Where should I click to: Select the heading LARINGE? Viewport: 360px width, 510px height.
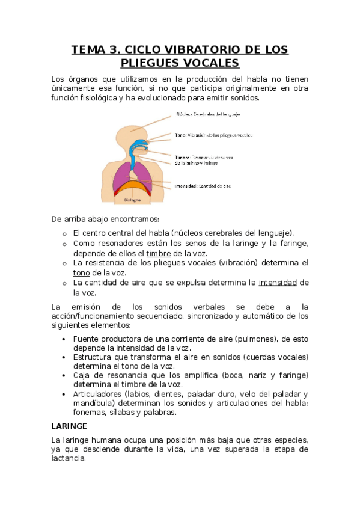coord(70,425)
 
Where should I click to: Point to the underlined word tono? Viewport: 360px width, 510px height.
coord(81,272)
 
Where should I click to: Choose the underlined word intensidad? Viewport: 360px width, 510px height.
coord(278,282)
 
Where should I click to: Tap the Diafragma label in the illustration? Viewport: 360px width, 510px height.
coord(133,199)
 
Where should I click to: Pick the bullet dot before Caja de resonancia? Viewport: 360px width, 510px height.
coord(64,375)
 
